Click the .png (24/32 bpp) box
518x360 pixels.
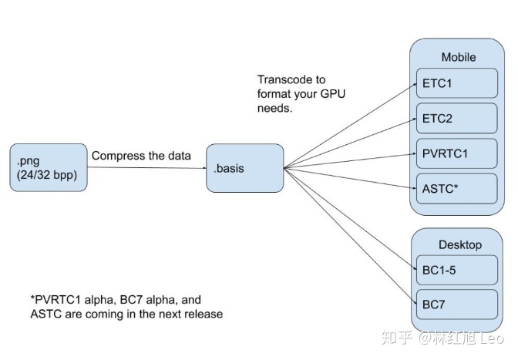click(49, 167)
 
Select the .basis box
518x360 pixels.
click(244, 167)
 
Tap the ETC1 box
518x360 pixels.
click(457, 83)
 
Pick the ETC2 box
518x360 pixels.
click(457, 118)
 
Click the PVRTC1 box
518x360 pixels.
click(457, 153)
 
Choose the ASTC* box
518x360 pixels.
click(457, 187)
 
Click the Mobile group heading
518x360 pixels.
click(458, 57)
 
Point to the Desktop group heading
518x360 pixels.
click(459, 245)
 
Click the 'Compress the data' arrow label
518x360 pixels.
click(141, 156)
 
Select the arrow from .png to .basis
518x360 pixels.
click(146, 167)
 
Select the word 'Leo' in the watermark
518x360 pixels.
click(493, 338)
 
